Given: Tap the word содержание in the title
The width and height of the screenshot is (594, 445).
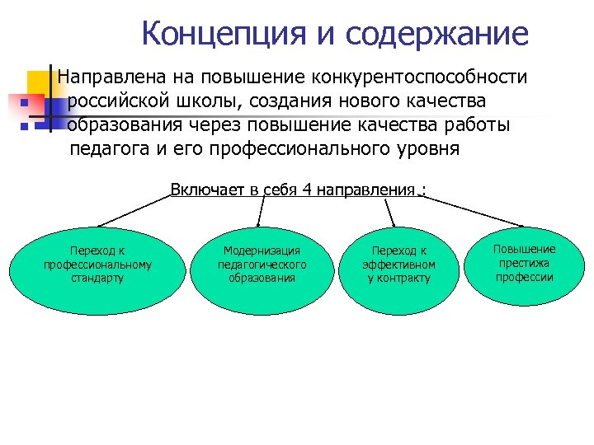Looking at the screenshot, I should [x=437, y=34].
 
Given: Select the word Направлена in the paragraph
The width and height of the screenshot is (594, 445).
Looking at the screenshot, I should [x=110, y=77].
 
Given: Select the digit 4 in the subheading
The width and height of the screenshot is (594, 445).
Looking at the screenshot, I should [x=305, y=190].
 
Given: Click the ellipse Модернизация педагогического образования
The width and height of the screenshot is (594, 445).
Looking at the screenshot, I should [x=262, y=265].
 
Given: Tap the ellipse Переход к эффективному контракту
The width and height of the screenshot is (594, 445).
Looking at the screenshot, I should [x=399, y=265].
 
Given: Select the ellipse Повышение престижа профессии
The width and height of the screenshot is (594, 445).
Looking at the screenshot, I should [x=524, y=263].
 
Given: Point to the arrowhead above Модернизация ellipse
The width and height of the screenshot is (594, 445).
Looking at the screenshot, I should [x=260, y=223].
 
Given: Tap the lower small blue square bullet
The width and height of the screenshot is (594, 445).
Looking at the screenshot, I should [x=25, y=128].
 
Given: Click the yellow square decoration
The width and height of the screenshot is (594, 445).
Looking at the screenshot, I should [x=40, y=83].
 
